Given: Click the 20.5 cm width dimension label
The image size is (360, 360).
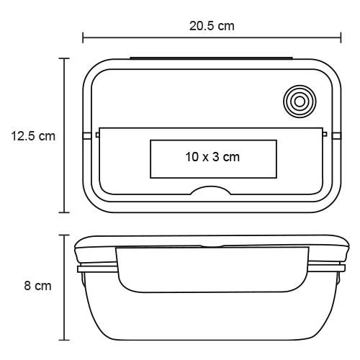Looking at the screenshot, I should click(x=212, y=26).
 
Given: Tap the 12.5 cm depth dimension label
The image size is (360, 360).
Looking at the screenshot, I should click(x=33, y=135).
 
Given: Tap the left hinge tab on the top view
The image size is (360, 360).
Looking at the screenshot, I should click(x=87, y=135).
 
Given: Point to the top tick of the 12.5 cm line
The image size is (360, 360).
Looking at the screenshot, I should click(x=66, y=58).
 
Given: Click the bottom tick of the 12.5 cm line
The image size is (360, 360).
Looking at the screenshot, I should click(x=66, y=212).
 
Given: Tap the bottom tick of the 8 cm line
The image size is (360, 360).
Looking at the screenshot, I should click(x=66, y=339).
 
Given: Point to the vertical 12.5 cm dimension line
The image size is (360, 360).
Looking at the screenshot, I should click(x=66, y=173).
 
